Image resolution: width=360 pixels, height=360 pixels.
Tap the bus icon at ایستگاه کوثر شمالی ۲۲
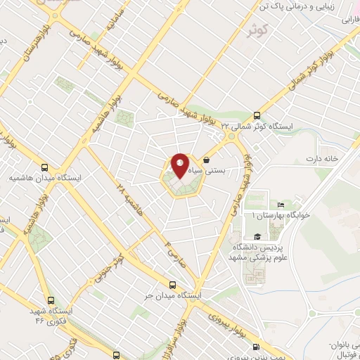tap(257, 115)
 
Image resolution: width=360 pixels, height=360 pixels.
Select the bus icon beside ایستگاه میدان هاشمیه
tap(45, 167)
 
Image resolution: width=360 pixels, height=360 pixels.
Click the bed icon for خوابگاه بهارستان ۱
tap(281, 205)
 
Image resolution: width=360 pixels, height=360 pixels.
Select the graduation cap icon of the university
tap(257, 237)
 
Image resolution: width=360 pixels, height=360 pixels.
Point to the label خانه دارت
tap(321, 158)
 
